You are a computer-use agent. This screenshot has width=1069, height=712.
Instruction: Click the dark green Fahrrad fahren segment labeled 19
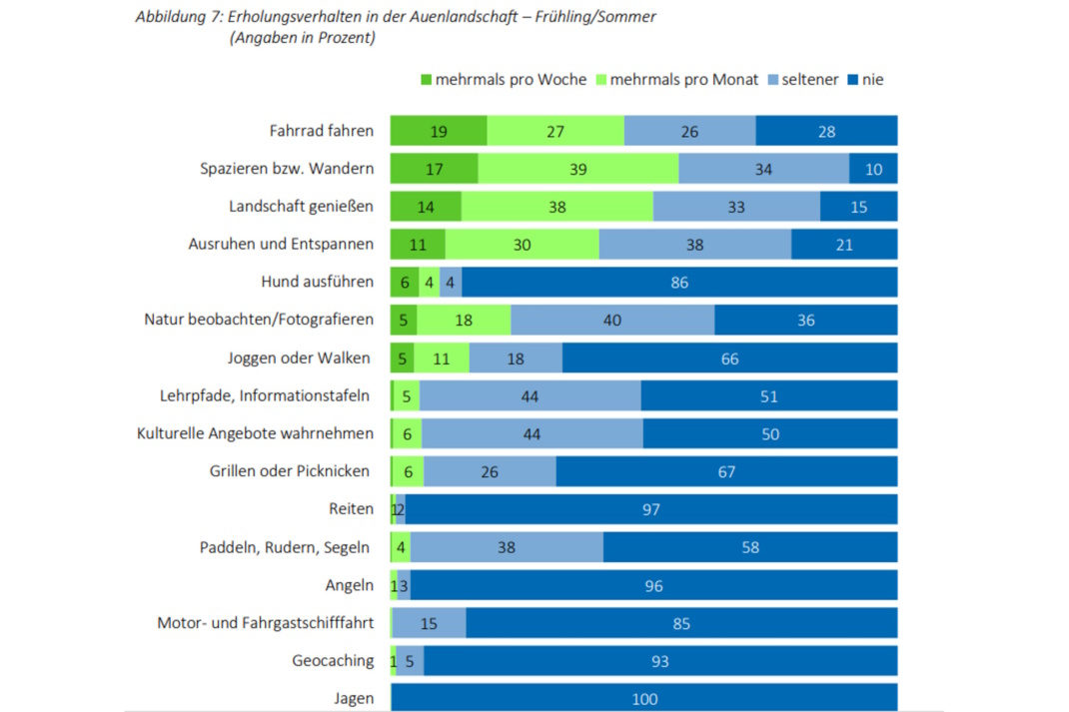(x=439, y=131)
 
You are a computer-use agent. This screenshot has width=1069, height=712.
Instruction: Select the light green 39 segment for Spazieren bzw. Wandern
(x=577, y=169)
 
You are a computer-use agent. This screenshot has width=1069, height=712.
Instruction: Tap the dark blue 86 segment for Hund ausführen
(x=679, y=283)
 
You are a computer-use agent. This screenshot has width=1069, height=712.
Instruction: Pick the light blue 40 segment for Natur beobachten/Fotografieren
(x=612, y=321)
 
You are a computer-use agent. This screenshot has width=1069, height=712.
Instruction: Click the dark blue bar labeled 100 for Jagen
(x=644, y=698)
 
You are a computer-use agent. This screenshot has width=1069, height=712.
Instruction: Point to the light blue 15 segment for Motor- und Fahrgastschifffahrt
(x=429, y=623)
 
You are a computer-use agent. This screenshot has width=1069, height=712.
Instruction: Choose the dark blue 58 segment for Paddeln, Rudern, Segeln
(x=750, y=547)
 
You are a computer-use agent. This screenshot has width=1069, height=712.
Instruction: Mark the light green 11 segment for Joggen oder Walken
(x=443, y=358)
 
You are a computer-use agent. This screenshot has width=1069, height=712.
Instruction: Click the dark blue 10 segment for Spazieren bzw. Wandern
(x=873, y=169)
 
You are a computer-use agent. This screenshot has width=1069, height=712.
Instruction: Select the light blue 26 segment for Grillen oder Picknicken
(x=490, y=471)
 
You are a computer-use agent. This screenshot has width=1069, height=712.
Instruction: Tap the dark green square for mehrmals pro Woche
(x=426, y=79)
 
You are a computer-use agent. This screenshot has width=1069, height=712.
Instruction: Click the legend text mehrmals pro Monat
(x=683, y=79)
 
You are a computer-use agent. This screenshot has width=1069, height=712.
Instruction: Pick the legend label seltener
(x=811, y=79)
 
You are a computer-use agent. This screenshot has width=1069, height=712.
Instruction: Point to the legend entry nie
(x=873, y=79)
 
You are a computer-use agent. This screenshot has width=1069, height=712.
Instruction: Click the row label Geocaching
(x=333, y=660)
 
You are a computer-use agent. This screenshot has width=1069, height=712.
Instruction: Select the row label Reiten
(x=351, y=509)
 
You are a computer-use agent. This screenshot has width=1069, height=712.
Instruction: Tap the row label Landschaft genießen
(x=301, y=207)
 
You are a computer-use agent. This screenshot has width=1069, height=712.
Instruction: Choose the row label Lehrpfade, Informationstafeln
(x=266, y=395)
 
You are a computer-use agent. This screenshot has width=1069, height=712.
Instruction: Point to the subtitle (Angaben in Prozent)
(x=302, y=38)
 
